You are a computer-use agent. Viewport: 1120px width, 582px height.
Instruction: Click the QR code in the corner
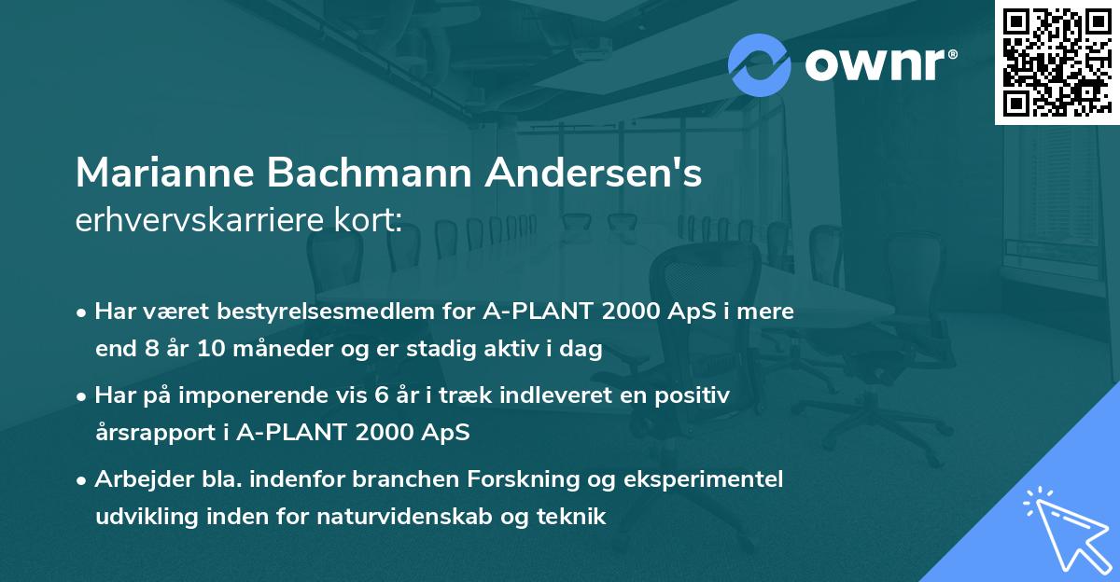click(1057, 62)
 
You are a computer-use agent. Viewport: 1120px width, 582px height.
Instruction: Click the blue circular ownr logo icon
click(760, 65)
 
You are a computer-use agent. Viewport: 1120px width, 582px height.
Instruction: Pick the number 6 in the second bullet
click(381, 395)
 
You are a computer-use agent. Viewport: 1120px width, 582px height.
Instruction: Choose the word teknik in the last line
click(571, 517)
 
